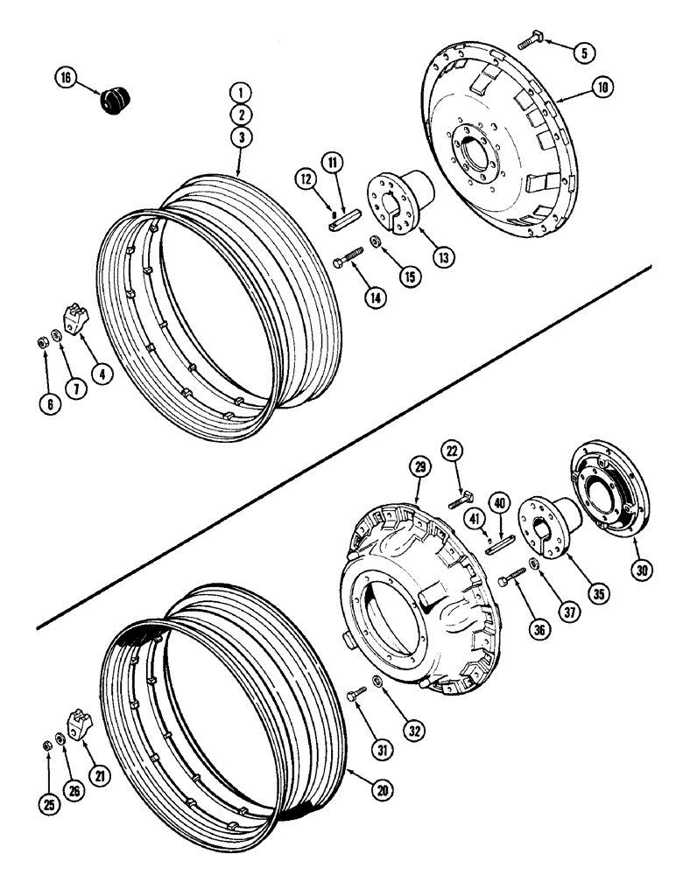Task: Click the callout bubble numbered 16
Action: coord(65,78)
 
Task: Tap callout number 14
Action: coord(374,297)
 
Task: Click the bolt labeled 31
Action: coord(356,695)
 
